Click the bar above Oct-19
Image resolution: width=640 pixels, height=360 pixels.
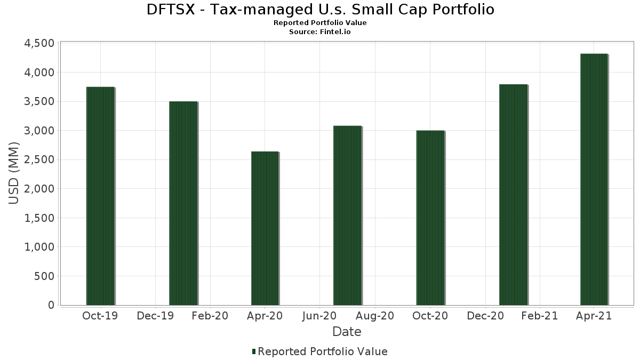click(x=100, y=196)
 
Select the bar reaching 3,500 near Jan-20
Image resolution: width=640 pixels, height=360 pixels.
click(x=183, y=203)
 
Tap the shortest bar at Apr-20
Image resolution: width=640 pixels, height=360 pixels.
click(x=265, y=228)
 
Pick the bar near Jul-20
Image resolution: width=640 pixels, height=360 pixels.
click(x=347, y=215)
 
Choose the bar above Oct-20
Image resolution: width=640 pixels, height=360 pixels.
click(x=430, y=218)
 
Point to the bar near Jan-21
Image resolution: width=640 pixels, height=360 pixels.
click(x=513, y=195)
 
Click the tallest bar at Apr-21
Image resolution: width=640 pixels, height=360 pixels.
click(x=594, y=179)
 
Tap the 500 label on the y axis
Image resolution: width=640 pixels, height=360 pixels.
click(x=44, y=276)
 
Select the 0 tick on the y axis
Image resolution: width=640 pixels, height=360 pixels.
click(x=51, y=305)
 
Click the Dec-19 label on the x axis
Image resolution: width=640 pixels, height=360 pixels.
click(x=155, y=316)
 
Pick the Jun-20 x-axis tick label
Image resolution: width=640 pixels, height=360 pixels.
click(x=319, y=316)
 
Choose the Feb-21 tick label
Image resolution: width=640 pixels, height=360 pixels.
click(x=540, y=316)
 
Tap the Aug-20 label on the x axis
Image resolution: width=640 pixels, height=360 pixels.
click(x=375, y=316)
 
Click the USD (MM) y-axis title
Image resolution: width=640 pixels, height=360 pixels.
click(x=14, y=174)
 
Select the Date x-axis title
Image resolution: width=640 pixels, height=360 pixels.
click(x=347, y=332)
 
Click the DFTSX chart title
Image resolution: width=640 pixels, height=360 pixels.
click(x=320, y=10)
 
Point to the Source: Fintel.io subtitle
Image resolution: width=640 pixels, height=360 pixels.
click(x=320, y=31)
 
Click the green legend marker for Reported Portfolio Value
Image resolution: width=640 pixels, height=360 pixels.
click(x=254, y=351)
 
